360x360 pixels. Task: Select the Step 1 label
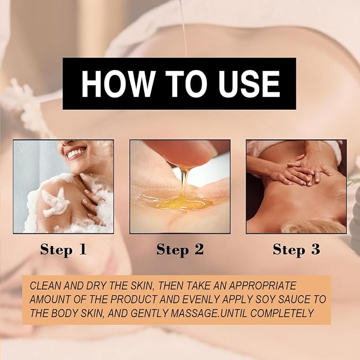click(64, 250)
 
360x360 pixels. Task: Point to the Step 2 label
click(180, 250)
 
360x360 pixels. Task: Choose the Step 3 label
click(296, 250)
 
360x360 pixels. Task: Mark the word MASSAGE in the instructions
click(195, 313)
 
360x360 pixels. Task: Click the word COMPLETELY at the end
click(282, 313)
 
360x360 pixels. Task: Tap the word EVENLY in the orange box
click(199, 299)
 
